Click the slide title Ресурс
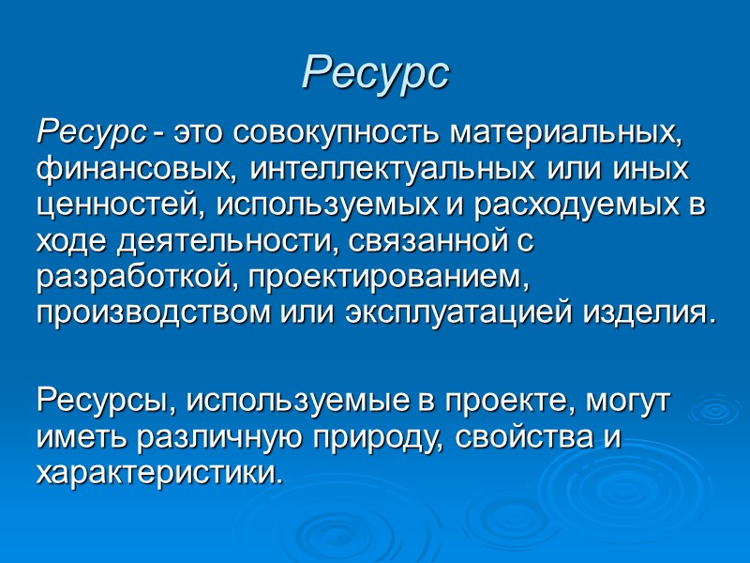click(x=375, y=71)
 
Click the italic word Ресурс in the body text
click(x=91, y=133)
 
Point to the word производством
click(x=154, y=311)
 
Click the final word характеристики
click(x=157, y=473)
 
